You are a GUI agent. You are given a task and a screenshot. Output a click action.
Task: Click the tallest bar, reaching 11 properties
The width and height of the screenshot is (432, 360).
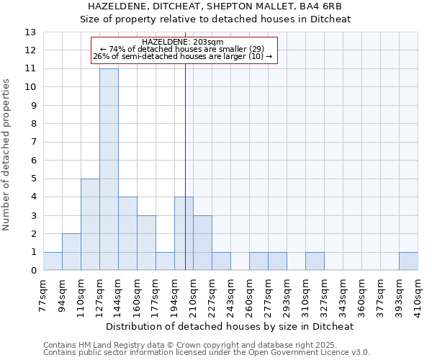click(x=109, y=169)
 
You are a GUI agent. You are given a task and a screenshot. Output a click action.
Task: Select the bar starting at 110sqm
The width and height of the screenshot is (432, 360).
click(x=90, y=224)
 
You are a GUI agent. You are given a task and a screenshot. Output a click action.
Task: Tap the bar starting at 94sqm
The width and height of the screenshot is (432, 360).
click(x=71, y=252)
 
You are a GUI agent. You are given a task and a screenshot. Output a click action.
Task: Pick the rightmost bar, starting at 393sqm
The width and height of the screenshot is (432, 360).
click(x=408, y=261)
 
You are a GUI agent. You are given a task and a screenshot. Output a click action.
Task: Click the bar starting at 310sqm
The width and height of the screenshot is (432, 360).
click(x=315, y=261)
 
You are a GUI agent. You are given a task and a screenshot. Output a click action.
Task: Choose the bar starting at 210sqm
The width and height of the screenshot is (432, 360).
click(x=202, y=243)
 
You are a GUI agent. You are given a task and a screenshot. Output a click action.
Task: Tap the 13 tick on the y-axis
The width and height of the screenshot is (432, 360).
click(x=30, y=32)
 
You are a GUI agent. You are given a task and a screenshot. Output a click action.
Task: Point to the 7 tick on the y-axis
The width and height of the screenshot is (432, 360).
click(x=32, y=143)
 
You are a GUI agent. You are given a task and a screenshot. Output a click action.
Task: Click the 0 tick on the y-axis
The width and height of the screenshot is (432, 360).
click(x=32, y=271)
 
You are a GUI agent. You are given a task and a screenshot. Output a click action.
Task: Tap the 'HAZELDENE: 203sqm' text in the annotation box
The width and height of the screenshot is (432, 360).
click(x=183, y=42)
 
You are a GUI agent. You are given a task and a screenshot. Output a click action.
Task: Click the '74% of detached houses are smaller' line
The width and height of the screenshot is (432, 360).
click(x=183, y=49)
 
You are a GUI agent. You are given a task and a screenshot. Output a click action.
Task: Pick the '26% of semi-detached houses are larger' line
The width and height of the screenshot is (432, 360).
click(x=183, y=56)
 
